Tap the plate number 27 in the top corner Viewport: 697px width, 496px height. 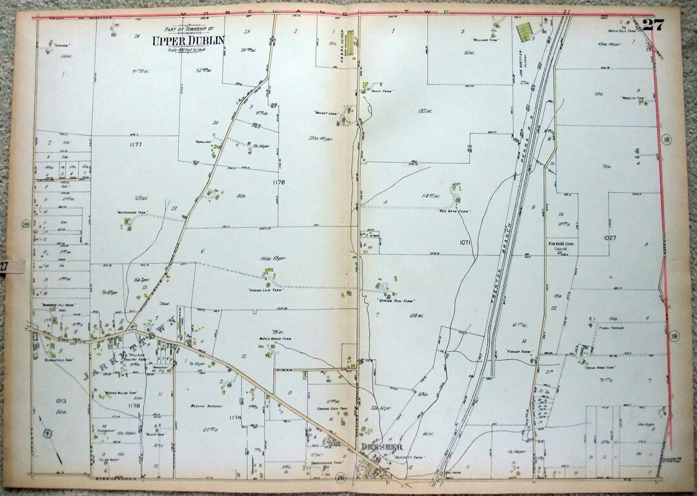coord(652,26)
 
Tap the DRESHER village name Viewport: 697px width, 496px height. coord(378,447)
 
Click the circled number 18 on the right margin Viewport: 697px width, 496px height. coord(667,140)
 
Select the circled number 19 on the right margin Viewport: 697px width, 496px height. coord(674,336)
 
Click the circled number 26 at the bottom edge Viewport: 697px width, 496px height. coord(339,479)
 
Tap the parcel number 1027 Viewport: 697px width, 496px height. coord(610,238)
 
